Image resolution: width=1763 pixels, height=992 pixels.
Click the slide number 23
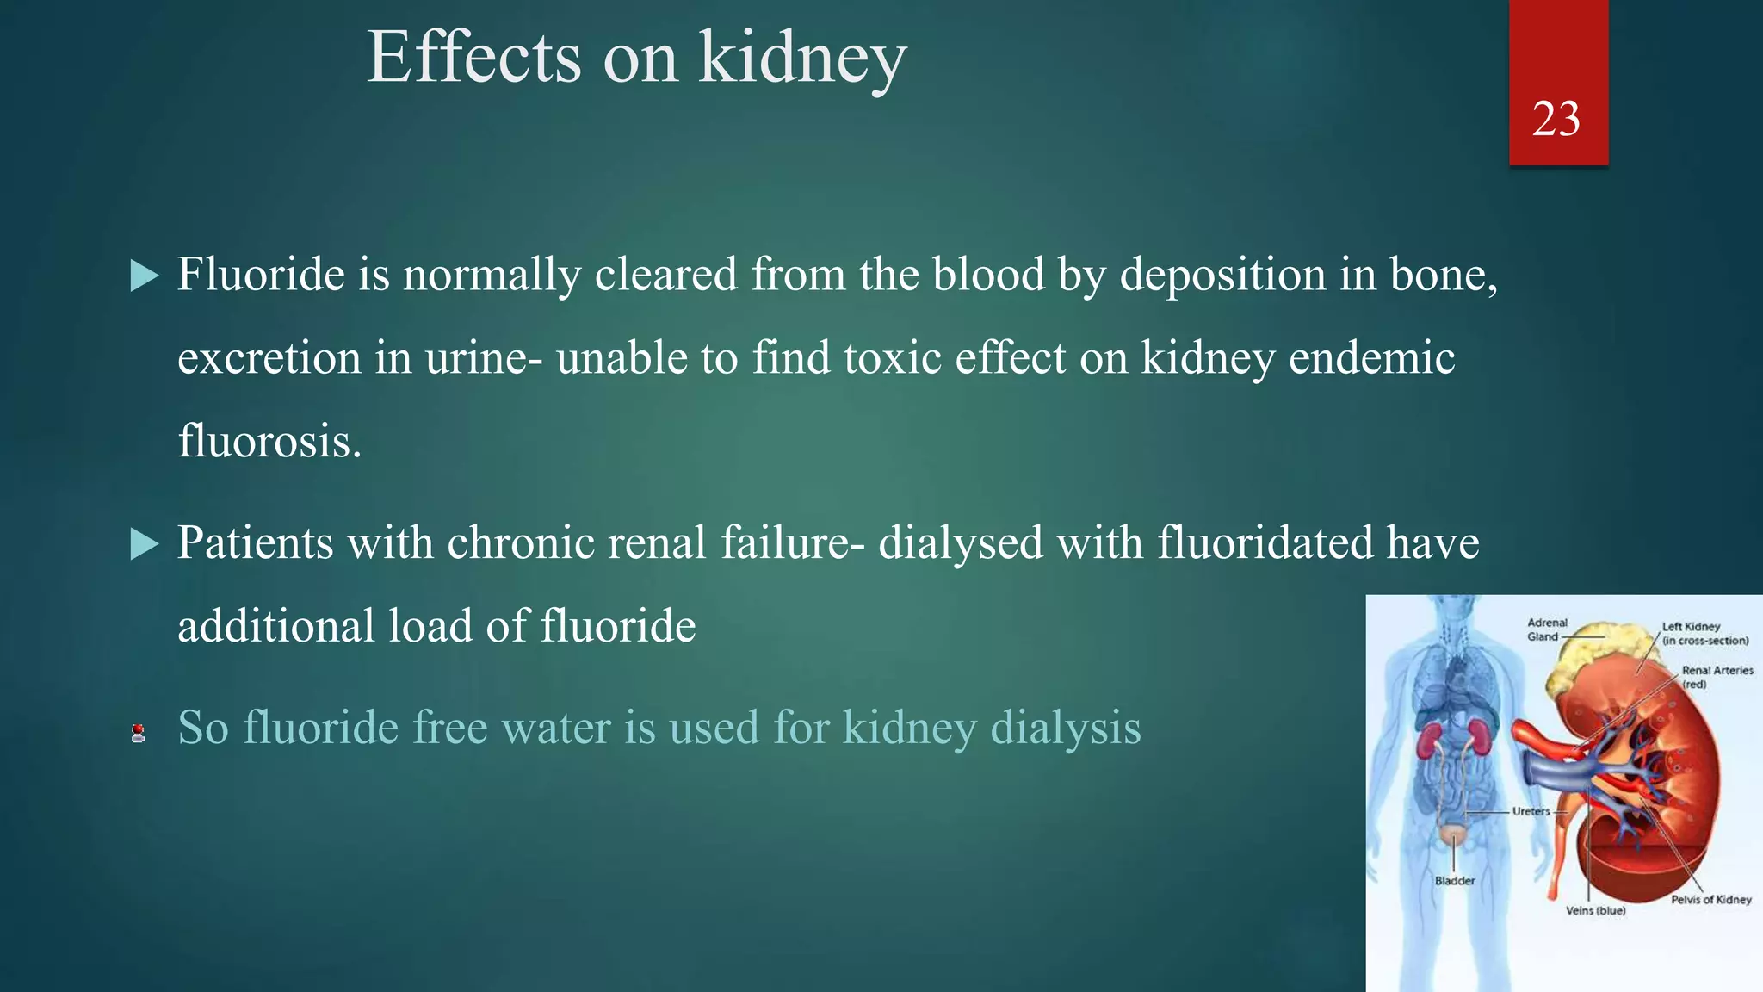coord(1556,119)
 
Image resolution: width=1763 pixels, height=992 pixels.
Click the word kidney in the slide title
coord(802,59)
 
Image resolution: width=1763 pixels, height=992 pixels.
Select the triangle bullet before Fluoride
coord(145,276)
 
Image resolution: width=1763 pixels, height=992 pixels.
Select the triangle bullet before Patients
coord(145,544)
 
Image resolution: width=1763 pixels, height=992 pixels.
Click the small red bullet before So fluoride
coord(138,734)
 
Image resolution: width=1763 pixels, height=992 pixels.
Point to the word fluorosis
coord(269,441)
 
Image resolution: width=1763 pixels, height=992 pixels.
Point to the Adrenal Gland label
coord(1547,629)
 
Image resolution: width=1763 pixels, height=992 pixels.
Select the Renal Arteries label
coord(1717,676)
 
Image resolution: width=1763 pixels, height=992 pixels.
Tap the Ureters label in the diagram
coord(1531,811)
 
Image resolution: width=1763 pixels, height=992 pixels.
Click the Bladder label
coord(1455,881)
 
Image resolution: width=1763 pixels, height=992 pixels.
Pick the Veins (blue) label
coord(1595,910)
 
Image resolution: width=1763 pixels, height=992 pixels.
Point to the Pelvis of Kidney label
coord(1710,900)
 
